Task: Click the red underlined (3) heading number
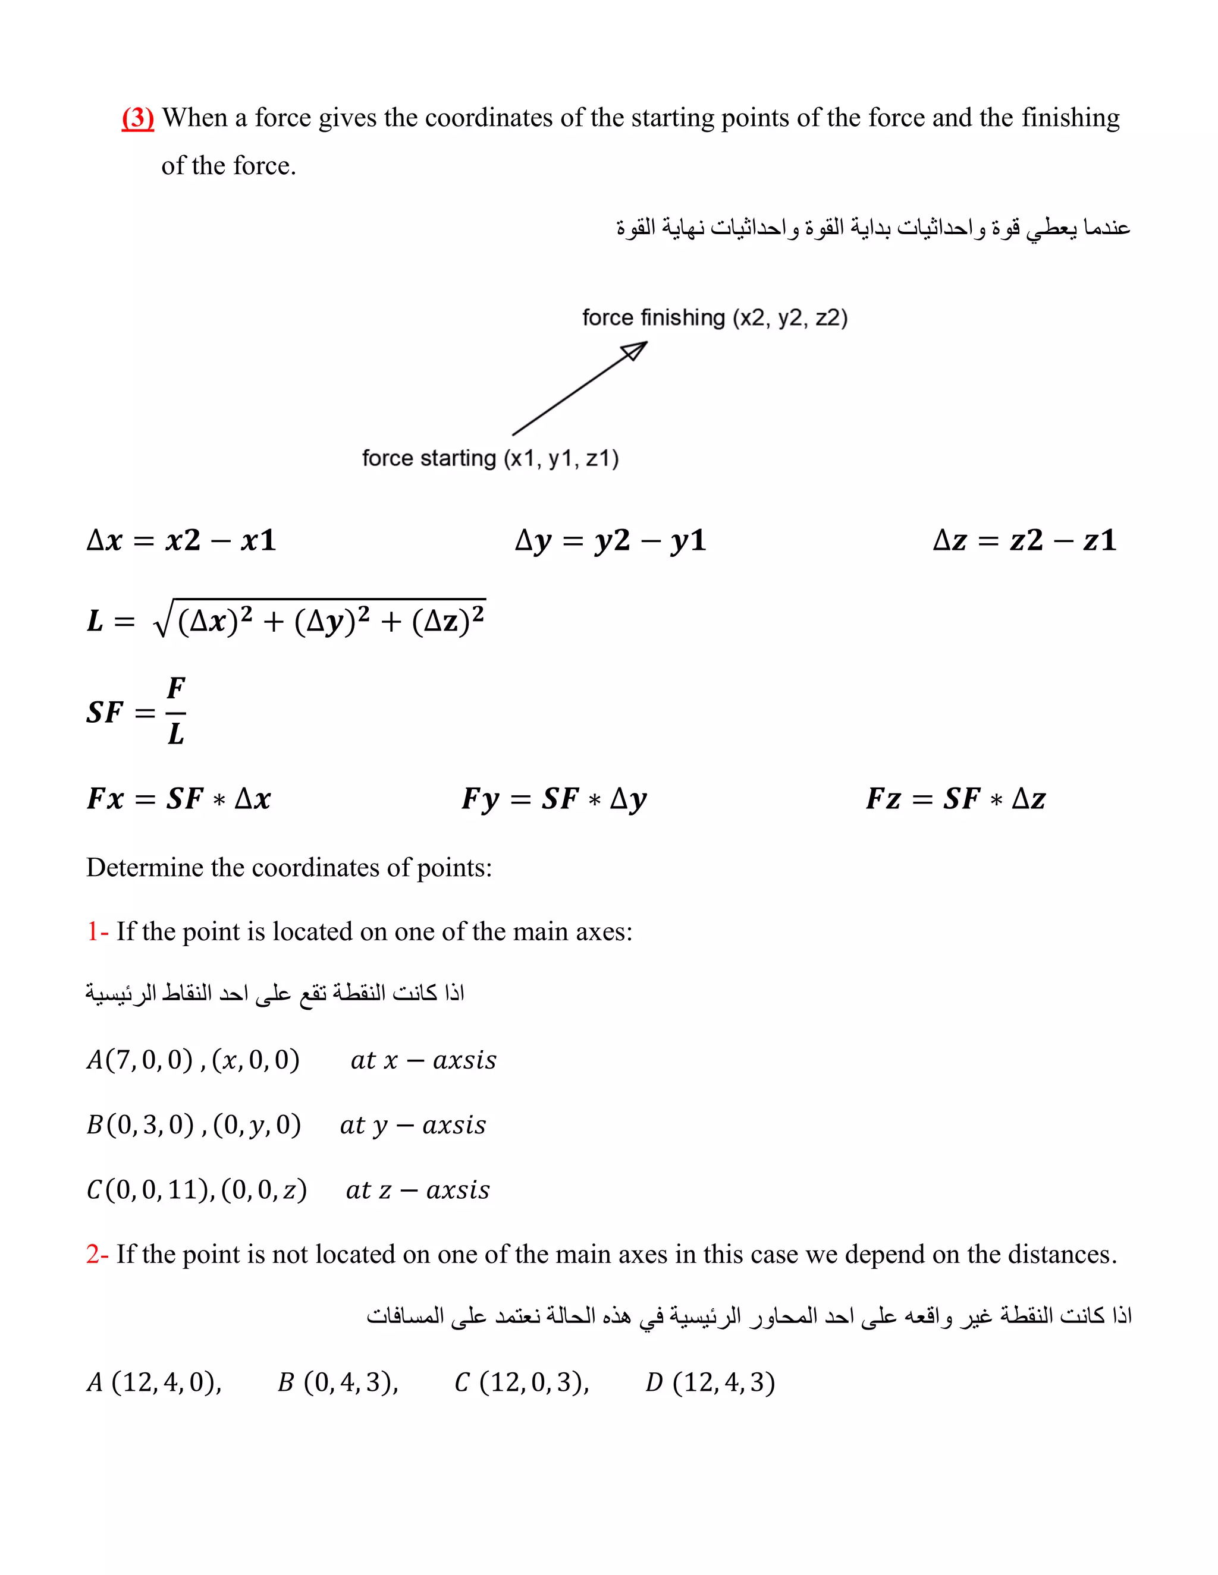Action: click(x=138, y=118)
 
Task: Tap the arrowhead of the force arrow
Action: click(x=636, y=351)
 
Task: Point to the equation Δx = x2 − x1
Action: click(x=181, y=540)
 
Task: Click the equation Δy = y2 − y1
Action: click(x=610, y=540)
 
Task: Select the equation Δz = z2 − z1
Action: click(x=1025, y=540)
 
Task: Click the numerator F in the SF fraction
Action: click(x=176, y=689)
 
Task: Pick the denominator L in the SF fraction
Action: click(x=176, y=734)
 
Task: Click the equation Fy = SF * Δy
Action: click(x=554, y=799)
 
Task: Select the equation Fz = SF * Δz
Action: click(x=955, y=799)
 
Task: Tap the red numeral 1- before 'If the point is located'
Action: click(x=97, y=932)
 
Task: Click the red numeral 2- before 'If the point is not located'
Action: click(x=97, y=1254)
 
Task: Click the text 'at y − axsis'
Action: click(x=413, y=1124)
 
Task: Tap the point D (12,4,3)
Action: click(x=710, y=1382)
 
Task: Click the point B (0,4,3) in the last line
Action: click(x=338, y=1382)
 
